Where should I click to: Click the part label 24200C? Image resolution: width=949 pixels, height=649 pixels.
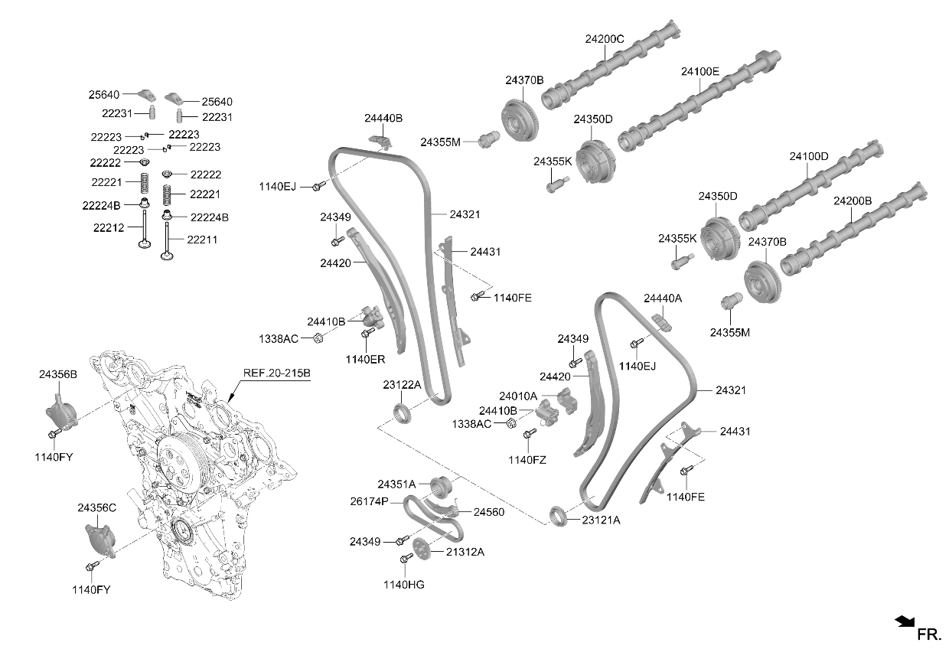[x=605, y=39]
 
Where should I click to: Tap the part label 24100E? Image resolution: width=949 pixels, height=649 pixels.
[x=700, y=72]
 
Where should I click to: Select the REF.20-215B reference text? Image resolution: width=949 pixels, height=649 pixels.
[x=276, y=373]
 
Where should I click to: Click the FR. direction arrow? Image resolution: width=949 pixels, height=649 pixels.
[x=904, y=621]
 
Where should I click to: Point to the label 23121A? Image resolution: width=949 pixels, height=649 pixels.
[x=601, y=520]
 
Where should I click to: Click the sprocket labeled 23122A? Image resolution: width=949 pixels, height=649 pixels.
[x=402, y=413]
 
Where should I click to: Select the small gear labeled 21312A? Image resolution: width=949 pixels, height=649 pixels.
[x=421, y=549]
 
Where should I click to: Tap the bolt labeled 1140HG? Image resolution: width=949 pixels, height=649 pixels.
[x=406, y=558]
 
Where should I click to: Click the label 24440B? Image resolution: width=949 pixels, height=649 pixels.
[x=383, y=118]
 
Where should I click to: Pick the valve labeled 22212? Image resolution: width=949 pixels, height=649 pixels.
[x=145, y=229]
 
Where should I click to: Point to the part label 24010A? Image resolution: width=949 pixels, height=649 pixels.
[x=517, y=396]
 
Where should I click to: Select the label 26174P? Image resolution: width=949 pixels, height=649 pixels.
[x=369, y=501]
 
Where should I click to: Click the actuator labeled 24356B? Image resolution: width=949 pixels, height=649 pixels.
[x=62, y=412]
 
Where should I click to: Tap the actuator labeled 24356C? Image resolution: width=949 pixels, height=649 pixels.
[x=100, y=540]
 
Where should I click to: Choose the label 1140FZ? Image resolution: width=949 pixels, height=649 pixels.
[x=527, y=460]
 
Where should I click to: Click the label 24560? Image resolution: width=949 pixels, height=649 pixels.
[x=489, y=512]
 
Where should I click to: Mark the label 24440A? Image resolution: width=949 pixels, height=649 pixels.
[x=663, y=298]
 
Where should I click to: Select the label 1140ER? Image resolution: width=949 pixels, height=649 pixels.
[x=365, y=360]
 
